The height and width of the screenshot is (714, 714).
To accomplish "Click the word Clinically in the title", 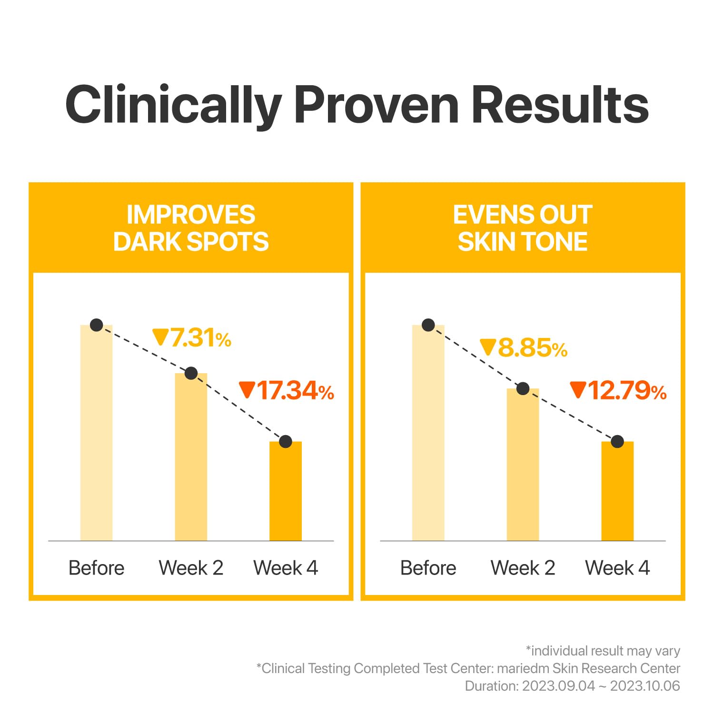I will [x=173, y=105].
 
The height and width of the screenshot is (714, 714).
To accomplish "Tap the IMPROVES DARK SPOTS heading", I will [x=191, y=228].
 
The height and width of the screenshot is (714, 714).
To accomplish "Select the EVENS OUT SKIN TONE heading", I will [x=523, y=228].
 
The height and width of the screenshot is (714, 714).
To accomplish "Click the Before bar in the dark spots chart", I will [x=96, y=433].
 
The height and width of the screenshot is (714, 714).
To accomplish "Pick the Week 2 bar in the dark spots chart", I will [x=191, y=457].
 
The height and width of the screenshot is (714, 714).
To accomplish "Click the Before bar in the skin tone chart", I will [x=428, y=433].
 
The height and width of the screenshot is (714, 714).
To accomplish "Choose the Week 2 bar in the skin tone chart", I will [x=523, y=465].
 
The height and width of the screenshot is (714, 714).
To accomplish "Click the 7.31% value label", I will [x=192, y=338].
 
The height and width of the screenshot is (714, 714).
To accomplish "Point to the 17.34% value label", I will [x=287, y=391].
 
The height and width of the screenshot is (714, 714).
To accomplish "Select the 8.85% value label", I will [x=524, y=348].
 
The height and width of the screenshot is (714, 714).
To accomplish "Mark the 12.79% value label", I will [x=618, y=391].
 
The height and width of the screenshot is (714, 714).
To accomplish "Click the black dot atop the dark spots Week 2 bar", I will [x=191, y=373].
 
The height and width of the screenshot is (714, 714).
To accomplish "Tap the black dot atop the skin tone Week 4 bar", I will [x=617, y=442].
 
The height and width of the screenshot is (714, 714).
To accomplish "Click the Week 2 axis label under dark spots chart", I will [x=191, y=568].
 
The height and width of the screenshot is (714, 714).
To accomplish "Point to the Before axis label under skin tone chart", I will [x=428, y=568].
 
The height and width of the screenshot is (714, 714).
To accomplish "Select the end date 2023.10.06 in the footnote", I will [x=645, y=686].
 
